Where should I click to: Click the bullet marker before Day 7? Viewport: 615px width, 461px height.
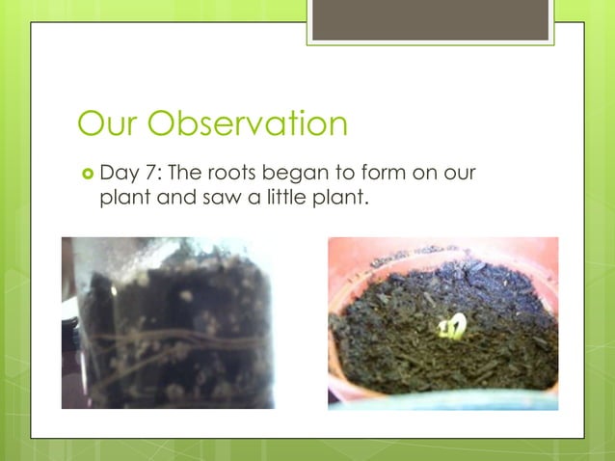[86, 174]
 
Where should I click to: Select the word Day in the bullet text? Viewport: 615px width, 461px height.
[118, 175]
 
